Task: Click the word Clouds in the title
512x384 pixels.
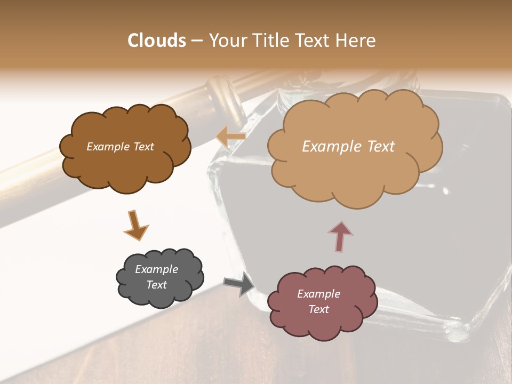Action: click(157, 41)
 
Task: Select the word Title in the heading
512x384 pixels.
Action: click(269, 41)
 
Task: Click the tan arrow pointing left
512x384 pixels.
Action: click(231, 137)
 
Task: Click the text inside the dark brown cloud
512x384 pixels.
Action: click(120, 147)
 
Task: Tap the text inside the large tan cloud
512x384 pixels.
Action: click(348, 147)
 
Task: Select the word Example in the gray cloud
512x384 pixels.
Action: click(156, 269)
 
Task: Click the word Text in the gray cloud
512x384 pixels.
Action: click(156, 285)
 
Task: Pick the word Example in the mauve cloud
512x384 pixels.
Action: click(318, 294)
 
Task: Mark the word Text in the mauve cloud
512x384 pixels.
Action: click(318, 309)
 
